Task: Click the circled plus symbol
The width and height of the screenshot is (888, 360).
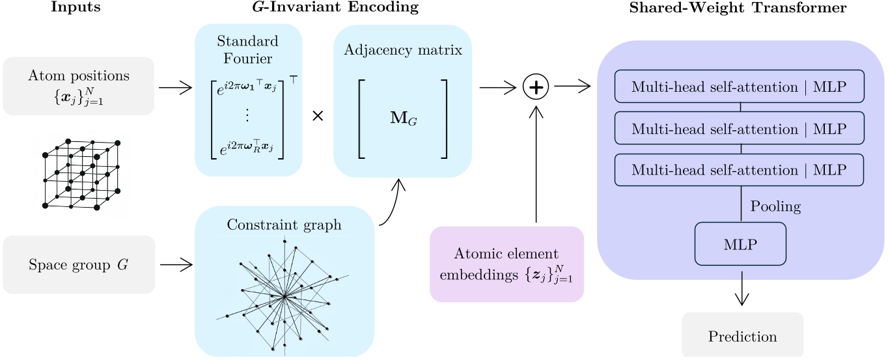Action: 535,87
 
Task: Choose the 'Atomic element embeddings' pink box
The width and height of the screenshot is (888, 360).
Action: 506,264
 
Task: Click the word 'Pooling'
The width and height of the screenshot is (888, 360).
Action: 775,207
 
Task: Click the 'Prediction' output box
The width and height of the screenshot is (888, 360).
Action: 742,336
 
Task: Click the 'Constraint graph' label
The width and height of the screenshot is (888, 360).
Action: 284,225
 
